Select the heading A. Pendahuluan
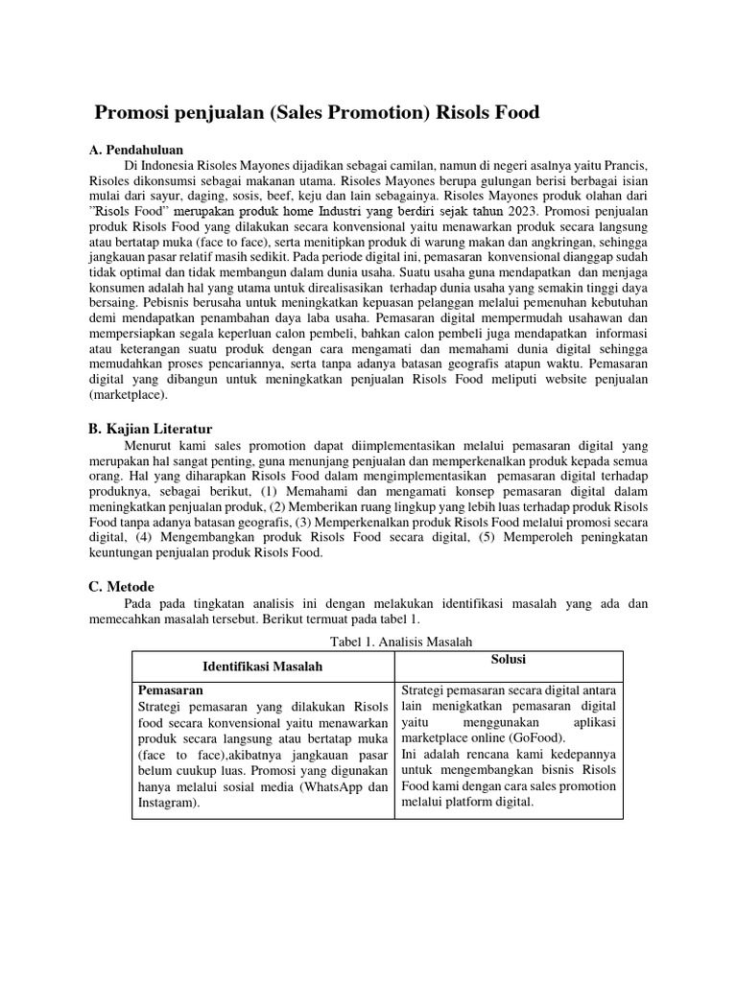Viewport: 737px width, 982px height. pos(135,151)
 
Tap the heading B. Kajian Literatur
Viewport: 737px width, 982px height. pos(150,429)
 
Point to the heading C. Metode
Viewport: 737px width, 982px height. pos(121,586)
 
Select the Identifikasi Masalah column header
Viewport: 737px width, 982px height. pos(262,666)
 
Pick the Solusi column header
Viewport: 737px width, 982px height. pos(509,660)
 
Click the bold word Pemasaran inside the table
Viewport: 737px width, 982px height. pos(171,690)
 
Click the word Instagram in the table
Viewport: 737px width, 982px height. pos(169,803)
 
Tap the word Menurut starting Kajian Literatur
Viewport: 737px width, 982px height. pos(151,445)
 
